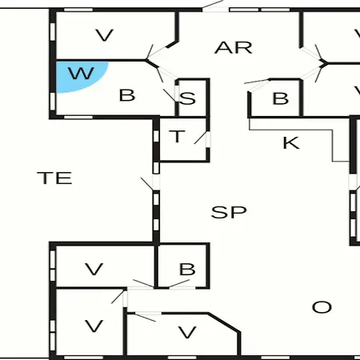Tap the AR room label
pos(234,48)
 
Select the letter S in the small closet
pos(187,98)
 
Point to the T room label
pos(177,136)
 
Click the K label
pos(291,143)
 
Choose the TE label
pos(54,178)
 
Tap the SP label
pos(229,212)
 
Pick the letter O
pos(322,307)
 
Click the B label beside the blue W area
pos(127,95)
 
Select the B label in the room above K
pos(281,98)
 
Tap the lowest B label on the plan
pos(187,269)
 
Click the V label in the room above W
pos(105,35)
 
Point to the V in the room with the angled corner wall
pos(187,332)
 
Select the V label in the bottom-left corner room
pos(94,326)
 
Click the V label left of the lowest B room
pos(94,269)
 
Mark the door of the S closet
pos(170,94)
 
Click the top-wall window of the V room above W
pos(78,10)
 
